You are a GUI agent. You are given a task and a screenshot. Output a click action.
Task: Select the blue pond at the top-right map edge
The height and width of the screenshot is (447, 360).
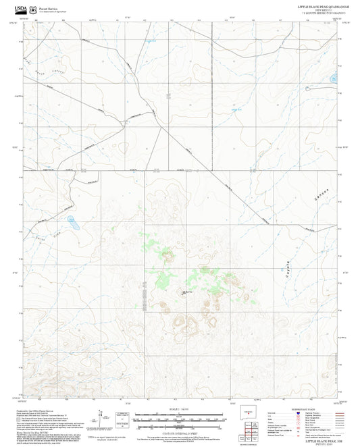334,79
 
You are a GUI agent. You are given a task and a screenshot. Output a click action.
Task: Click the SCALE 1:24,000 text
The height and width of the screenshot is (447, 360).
180,409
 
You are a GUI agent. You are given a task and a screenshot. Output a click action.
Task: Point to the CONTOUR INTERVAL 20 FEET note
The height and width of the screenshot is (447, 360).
180,432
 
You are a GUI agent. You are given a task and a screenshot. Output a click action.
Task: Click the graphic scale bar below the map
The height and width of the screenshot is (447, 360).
180,420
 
